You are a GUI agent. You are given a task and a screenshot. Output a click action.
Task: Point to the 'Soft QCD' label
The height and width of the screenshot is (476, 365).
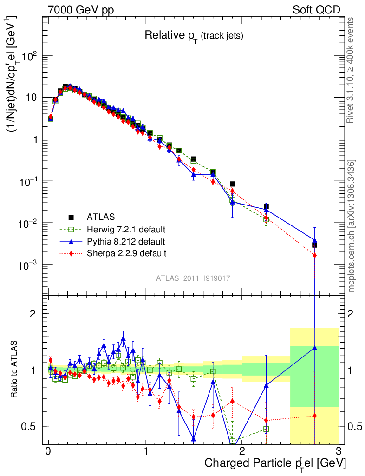(316, 10)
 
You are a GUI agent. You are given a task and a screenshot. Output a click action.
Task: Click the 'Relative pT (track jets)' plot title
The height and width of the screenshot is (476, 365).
(194, 35)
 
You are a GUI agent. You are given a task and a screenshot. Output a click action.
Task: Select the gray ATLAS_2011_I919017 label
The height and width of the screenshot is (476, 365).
(193, 278)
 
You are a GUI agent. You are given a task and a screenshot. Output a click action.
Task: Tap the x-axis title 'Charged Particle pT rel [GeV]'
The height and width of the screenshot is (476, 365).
(275, 463)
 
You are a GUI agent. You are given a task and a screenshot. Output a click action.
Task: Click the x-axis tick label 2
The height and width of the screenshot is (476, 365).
(242, 451)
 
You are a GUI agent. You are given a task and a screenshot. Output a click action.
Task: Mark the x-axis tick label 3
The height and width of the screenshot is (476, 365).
(339, 451)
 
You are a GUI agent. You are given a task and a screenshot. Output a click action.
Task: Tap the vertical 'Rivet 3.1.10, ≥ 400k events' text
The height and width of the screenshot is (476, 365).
(351, 70)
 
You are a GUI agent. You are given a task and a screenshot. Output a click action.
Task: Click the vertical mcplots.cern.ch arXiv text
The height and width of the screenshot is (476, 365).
(352, 226)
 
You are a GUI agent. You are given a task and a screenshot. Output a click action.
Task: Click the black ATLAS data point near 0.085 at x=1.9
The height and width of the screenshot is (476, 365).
(232, 184)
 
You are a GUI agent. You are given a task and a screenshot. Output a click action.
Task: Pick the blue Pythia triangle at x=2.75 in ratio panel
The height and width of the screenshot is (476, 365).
(315, 347)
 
